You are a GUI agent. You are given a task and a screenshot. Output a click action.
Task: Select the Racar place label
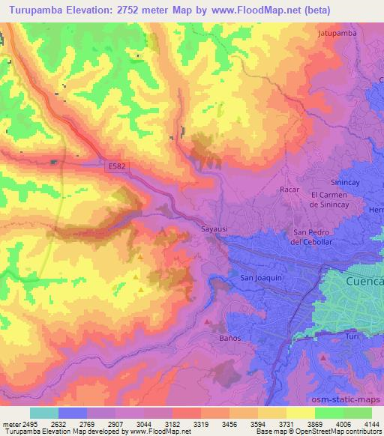click(289, 190)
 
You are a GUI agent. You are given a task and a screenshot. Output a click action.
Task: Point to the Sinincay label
click(346, 183)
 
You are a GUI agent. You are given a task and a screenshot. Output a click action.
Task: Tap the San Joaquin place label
click(260, 277)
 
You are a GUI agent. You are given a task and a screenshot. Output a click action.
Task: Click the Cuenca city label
click(365, 282)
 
